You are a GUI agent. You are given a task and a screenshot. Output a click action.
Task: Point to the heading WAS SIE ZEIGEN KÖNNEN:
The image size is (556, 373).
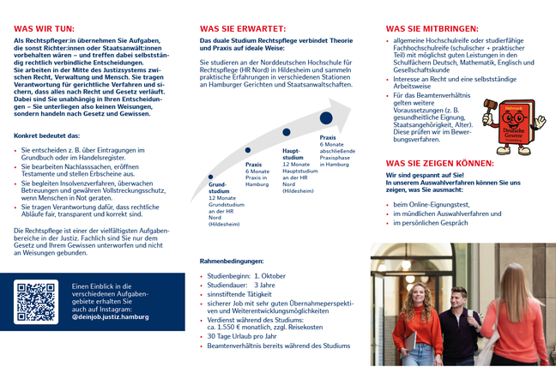[439, 163]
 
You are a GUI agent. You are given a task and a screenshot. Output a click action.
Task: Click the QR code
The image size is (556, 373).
[36, 300]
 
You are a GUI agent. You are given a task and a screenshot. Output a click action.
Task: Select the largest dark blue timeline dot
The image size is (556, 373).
[326, 118]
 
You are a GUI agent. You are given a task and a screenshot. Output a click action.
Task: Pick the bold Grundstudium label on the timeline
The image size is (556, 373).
[219, 187]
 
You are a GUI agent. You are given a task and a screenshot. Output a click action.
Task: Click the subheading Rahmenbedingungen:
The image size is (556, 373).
[231, 260]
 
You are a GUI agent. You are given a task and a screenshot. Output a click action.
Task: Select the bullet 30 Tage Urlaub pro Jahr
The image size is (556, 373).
[248, 335]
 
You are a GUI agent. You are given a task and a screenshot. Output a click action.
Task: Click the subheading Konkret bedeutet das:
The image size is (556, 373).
[47, 135]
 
